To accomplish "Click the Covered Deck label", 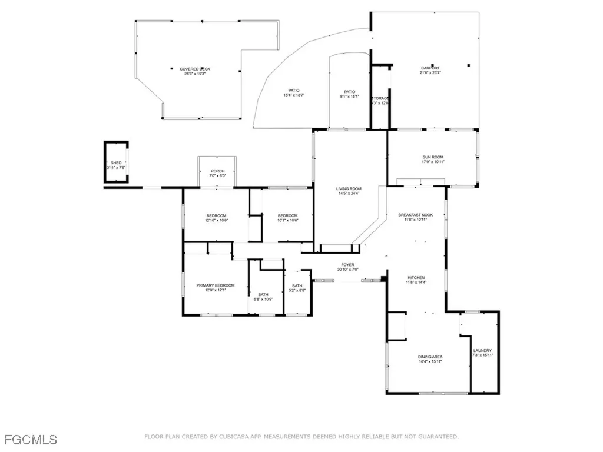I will click(x=194, y=69).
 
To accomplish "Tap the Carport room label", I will click(x=429, y=68).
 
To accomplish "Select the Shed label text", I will click(x=116, y=162).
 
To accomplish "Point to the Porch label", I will click(x=217, y=171).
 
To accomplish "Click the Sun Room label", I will click(x=432, y=157).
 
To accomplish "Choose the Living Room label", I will click(x=347, y=189).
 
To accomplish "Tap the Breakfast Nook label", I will click(x=415, y=215).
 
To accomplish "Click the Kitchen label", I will click(x=416, y=278).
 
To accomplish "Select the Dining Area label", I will click(x=430, y=357).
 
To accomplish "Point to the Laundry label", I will click(x=482, y=351).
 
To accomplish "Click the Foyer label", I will click(x=347, y=265).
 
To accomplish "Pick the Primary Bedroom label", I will click(x=215, y=285).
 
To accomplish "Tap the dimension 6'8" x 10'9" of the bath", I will click(x=263, y=299).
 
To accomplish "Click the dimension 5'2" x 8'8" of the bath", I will click(x=297, y=291).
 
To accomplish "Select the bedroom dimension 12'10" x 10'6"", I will click(x=216, y=221).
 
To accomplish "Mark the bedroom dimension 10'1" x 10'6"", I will click(x=287, y=221).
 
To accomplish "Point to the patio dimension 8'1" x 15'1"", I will click(x=349, y=97).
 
